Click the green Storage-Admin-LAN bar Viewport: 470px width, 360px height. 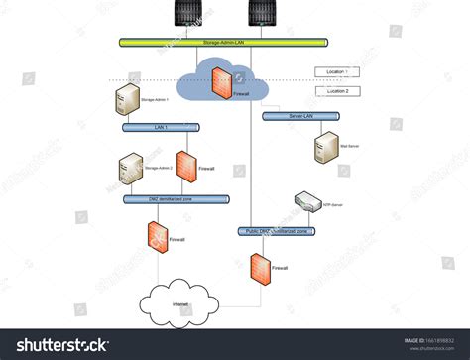[223, 43]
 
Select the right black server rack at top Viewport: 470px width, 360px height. [262, 12]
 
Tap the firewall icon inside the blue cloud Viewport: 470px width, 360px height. [221, 85]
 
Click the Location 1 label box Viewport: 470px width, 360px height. [336, 71]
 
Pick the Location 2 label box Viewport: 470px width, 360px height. [336, 91]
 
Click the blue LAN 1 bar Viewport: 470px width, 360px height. [161, 127]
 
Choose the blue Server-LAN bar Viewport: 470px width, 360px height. [301, 116]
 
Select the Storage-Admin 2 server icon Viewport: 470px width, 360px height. [130, 168]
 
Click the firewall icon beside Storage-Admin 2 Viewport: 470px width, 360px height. [185, 169]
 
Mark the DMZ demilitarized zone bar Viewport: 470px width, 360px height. [176, 199]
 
